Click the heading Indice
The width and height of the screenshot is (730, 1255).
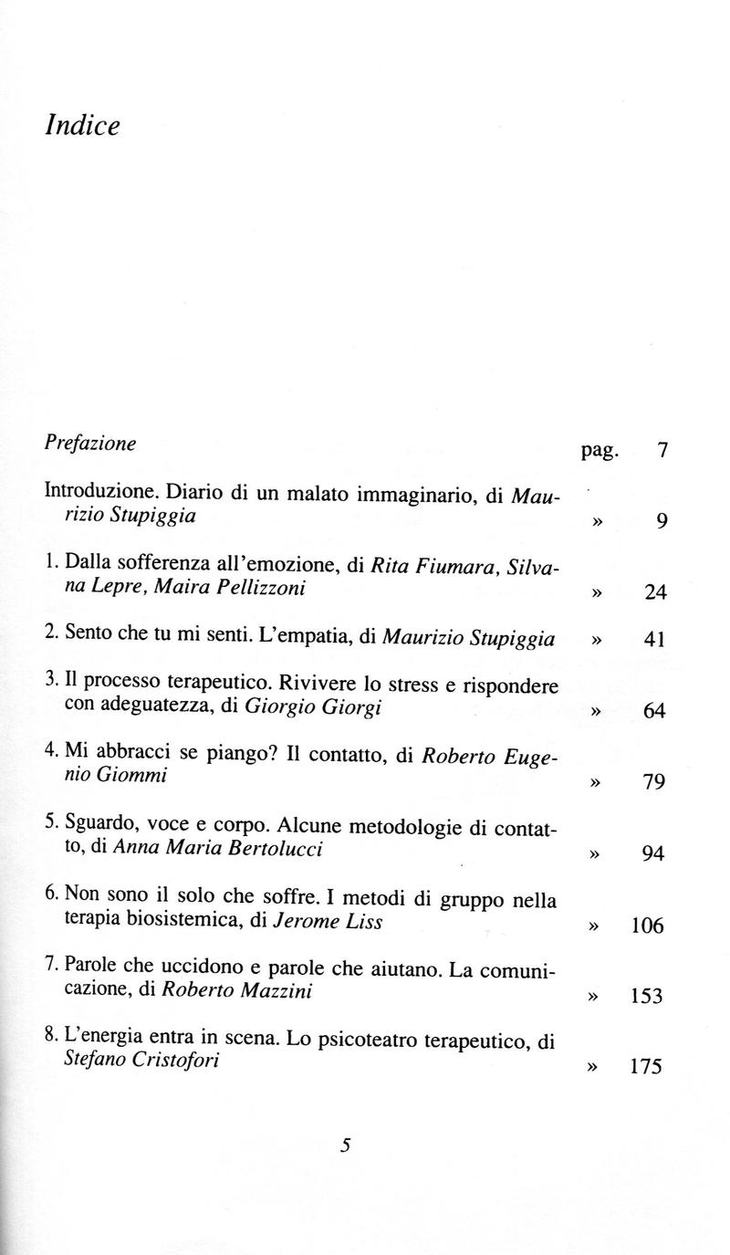(82, 125)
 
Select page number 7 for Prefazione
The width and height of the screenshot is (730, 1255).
(662, 450)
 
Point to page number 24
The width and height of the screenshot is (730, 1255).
(655, 593)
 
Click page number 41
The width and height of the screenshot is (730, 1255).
(655, 640)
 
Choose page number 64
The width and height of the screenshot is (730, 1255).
(655, 711)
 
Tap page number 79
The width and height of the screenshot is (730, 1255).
(655, 782)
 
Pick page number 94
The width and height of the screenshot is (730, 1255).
(655, 854)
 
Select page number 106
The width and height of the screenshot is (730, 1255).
(647, 926)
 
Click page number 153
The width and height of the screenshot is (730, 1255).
(647, 998)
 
